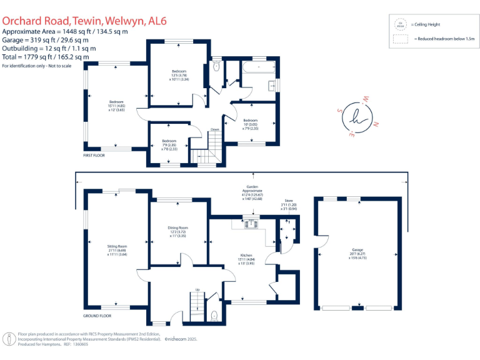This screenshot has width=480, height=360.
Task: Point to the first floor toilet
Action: [216, 68]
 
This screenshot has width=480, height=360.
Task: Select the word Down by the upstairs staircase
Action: [214, 129]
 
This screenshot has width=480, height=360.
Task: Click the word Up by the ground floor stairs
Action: [197, 289]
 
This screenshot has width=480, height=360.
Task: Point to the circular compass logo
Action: [358, 116]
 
